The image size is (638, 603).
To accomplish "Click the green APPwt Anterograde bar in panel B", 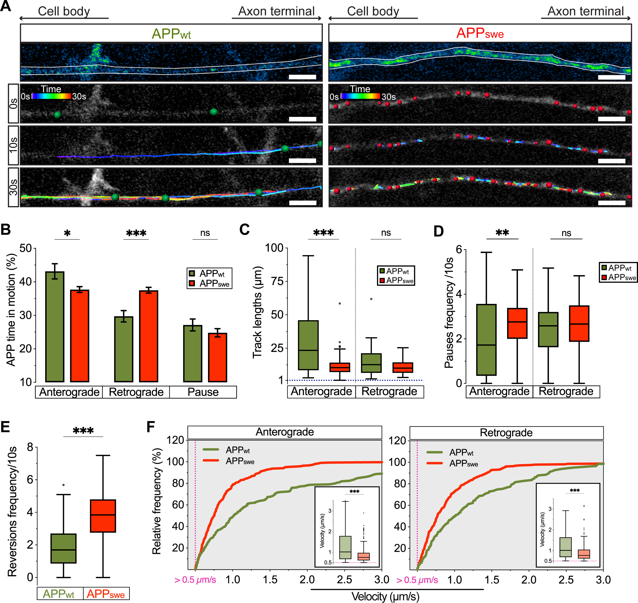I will (x=55, y=326).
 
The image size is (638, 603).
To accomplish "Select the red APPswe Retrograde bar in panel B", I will (x=148, y=336).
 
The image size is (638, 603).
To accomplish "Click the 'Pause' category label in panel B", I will (x=203, y=392).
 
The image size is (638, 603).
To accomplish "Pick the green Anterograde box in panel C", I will (x=308, y=345).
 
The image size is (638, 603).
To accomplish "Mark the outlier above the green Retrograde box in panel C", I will (x=371, y=299).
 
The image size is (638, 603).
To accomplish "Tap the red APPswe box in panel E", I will (x=103, y=516).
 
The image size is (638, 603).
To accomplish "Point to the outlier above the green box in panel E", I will (x=64, y=485).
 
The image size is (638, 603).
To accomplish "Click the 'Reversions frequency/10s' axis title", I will (x=12, y=511).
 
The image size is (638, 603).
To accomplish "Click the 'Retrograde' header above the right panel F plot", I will (x=506, y=433).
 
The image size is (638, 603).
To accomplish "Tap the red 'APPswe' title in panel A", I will (x=480, y=33).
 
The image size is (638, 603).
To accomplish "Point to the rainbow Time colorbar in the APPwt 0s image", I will (x=51, y=96).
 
